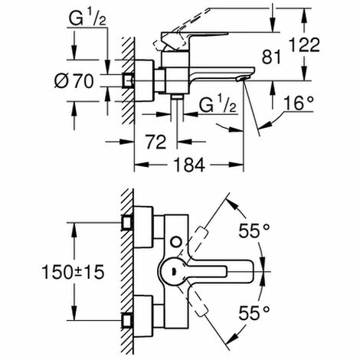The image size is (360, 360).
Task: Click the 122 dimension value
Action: (x=304, y=45)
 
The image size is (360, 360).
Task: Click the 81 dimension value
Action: (x=271, y=57)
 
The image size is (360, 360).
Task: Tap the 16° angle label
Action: (x=298, y=103)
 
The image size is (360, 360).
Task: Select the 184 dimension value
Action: (x=189, y=165)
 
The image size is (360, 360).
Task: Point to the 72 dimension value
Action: (x=155, y=142)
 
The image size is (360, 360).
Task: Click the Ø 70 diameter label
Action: (x=74, y=81)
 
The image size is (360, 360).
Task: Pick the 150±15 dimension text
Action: (x=73, y=272)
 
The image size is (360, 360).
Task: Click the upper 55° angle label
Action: (x=254, y=231)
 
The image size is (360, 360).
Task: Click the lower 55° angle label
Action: (x=254, y=313)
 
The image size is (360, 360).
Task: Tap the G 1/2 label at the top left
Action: (x=87, y=18)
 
